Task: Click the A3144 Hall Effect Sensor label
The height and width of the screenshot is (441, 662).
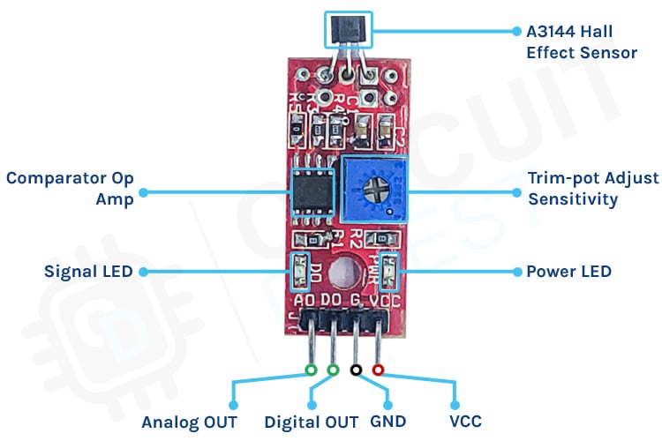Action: (x=581, y=41)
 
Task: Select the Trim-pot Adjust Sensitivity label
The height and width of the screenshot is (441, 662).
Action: (x=592, y=188)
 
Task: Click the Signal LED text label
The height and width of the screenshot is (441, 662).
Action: (x=88, y=271)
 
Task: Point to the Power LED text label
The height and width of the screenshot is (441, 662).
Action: (x=568, y=271)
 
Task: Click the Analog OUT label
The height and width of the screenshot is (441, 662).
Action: (x=189, y=422)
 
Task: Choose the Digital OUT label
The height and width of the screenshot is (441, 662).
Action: (x=311, y=422)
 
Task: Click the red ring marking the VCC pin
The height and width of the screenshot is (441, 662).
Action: (x=379, y=370)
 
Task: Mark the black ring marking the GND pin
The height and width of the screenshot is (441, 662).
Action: (x=356, y=370)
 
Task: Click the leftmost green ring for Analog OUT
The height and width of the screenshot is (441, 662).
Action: (x=310, y=370)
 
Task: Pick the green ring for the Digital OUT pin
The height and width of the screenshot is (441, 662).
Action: (x=333, y=370)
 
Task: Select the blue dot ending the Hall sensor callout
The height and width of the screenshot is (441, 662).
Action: (x=517, y=30)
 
